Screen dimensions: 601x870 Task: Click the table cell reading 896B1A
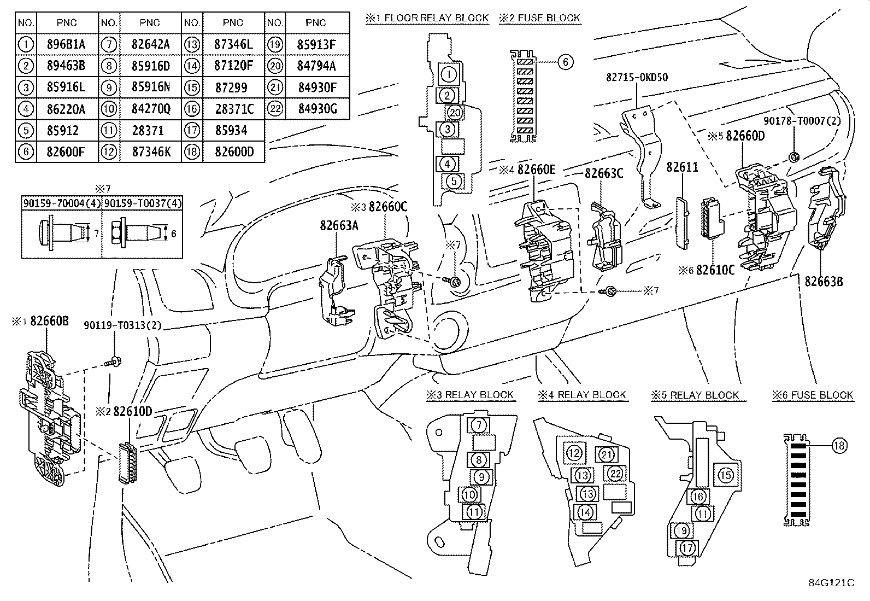(67, 44)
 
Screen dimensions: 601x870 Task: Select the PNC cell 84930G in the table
(316, 109)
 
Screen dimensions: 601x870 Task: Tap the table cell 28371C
(233, 109)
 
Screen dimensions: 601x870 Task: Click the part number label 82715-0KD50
(636, 78)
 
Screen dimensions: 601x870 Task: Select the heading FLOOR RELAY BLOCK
(436, 18)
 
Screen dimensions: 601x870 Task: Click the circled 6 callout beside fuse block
(565, 62)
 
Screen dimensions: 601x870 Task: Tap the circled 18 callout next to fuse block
(839, 446)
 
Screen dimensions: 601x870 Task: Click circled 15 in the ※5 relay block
(726, 475)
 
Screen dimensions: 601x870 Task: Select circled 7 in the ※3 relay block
(478, 425)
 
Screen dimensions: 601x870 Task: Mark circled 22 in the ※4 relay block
(615, 474)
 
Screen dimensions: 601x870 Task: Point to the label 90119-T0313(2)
(122, 325)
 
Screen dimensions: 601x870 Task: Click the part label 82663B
(824, 281)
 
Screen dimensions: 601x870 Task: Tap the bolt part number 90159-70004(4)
(61, 203)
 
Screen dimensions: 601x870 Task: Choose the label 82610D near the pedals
(132, 411)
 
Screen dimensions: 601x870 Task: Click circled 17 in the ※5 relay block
(687, 547)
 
